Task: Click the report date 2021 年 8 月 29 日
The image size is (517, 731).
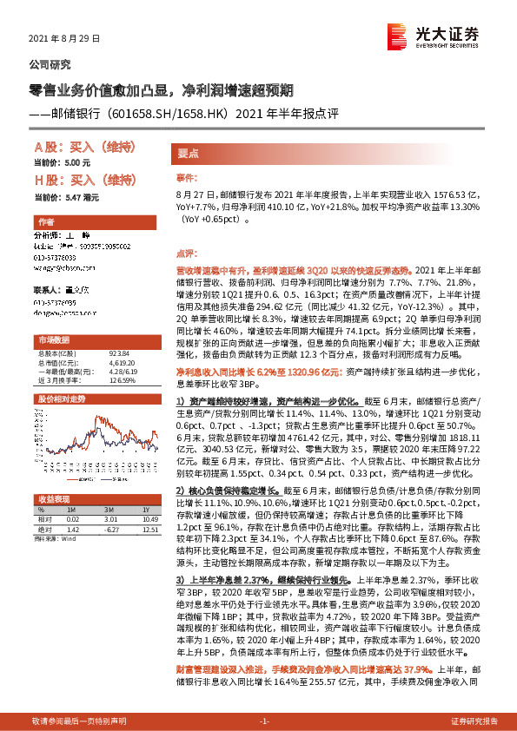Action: click(66, 39)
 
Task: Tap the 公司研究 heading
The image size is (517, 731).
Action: click(51, 64)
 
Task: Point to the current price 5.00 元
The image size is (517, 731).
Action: click(78, 162)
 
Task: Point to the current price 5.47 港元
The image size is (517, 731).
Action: click(83, 198)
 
